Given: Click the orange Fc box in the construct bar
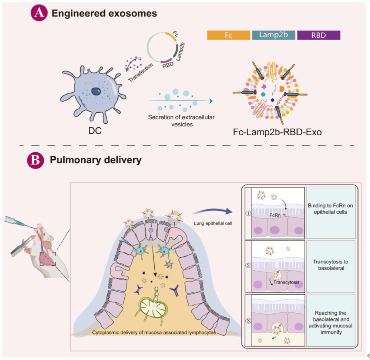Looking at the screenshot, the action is point(228,35).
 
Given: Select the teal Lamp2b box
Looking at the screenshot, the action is point(273,35).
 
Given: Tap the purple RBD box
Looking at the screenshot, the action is point(319,35).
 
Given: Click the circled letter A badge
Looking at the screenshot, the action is point(39,13).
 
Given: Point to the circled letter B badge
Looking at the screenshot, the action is point(36,160).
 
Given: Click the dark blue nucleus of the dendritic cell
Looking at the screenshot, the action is point(96,91).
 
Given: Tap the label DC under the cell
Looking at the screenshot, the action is point(95,130).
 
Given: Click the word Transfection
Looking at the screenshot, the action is point(140,72).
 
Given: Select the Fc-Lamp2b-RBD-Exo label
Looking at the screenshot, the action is point(277,132).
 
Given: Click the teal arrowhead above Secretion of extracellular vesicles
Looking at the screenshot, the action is point(211,101).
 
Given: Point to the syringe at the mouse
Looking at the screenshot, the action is point(19,222).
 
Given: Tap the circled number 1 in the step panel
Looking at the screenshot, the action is point(248,213).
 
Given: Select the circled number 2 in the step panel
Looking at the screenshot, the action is point(248,265).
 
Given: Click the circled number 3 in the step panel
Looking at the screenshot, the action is point(248,320).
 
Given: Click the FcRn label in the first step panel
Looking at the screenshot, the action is point(275,215).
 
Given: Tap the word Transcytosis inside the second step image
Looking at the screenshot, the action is point(286,282).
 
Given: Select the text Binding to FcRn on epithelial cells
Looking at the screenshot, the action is point(330,208).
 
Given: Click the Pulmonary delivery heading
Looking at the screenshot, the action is point(95,160).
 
